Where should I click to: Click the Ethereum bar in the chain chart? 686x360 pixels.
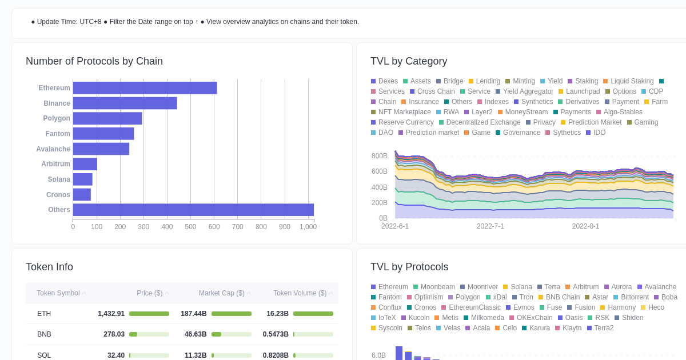tap(145, 88)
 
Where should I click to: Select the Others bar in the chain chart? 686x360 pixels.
tap(193, 210)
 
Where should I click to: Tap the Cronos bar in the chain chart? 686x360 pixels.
tap(82, 195)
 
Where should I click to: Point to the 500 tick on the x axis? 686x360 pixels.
tap(190, 227)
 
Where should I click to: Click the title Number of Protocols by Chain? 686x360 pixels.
tap(94, 61)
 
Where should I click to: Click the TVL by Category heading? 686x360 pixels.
tap(409, 61)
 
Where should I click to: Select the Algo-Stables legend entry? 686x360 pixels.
tap(623, 112)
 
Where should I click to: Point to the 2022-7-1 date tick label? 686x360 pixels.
tap(490, 226)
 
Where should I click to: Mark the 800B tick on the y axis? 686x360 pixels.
tap(379, 156)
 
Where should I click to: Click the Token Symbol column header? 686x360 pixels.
tap(58, 293)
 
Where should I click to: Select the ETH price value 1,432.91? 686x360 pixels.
tap(111, 314)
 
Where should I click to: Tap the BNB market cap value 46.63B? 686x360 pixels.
tap(196, 334)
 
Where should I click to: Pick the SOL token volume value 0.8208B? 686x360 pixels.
tap(276, 355)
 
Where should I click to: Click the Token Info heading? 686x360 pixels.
tap(49, 267)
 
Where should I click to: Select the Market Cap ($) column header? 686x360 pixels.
tap(221, 293)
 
